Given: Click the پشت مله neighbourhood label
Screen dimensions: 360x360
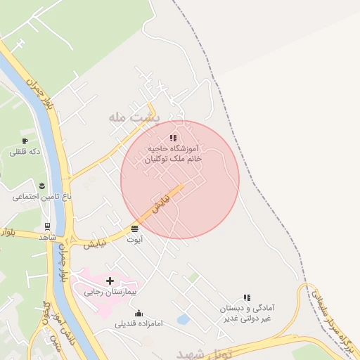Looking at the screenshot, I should click(136, 117).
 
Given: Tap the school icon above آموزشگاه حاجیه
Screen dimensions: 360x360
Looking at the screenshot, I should click(174, 138).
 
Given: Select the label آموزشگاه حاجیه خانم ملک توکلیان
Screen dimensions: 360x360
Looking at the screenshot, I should click(174, 154).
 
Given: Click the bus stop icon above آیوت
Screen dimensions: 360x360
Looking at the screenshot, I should click(134, 229).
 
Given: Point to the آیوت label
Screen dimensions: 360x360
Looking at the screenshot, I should click(134, 240).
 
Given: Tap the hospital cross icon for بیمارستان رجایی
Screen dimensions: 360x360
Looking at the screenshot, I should click(110, 281).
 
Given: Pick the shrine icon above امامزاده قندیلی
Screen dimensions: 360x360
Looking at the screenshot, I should click(139, 313).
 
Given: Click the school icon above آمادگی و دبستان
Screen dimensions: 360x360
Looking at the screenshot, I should click(246, 298).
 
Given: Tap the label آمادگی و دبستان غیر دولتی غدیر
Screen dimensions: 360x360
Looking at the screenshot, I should click(246, 314).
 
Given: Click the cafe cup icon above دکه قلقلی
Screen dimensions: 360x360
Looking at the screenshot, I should click(25, 141).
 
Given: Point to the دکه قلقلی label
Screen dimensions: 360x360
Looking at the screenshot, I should click(25, 152).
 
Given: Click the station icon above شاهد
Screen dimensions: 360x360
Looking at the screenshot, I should click(47, 226).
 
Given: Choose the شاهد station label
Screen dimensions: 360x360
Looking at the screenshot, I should click(48, 237).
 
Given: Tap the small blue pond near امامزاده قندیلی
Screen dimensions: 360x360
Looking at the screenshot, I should click(184, 320).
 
